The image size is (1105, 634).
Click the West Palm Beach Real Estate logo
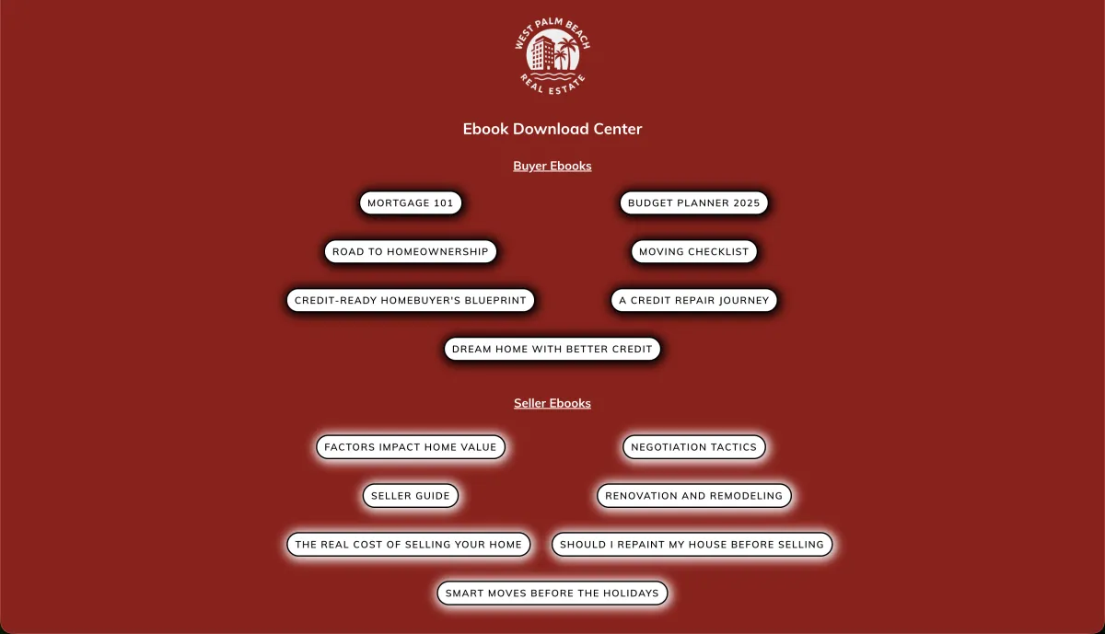pos(552,56)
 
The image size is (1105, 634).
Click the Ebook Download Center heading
pos(552,129)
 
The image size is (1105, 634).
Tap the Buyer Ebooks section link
pos(552,166)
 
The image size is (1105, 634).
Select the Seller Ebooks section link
pos(552,403)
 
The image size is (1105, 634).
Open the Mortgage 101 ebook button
pos(411,203)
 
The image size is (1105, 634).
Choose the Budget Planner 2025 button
pos(693,203)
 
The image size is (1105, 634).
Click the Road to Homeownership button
pos(411,252)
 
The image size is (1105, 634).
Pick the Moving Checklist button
pos(693,252)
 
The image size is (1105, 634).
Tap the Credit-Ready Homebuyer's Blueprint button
pos(411,301)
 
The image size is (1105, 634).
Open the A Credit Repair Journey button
pos(693,301)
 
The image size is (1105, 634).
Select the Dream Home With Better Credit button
pos(552,350)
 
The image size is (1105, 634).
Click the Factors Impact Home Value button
pos(411,447)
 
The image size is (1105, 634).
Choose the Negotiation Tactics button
pos(693,447)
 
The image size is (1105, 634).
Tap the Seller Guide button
pos(411,496)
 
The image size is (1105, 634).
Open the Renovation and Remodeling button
pos(693,496)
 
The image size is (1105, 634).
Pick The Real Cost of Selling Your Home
pos(409,545)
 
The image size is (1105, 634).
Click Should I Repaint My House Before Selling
pos(692,545)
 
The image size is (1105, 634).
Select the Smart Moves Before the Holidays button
pos(552,594)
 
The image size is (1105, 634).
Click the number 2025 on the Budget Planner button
pos(747,203)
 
